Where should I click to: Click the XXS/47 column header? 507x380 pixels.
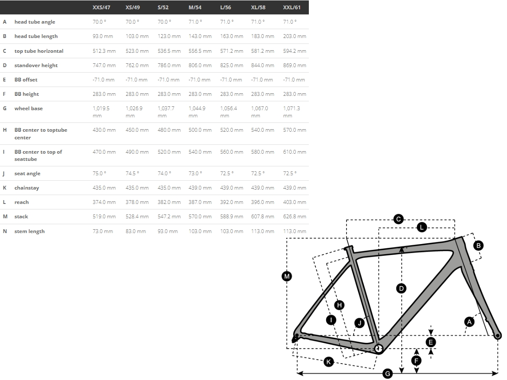(101, 7)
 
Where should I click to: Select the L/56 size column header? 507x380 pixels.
(226, 7)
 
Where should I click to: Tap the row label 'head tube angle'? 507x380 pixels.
(35, 22)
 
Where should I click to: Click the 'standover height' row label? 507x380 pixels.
(36, 65)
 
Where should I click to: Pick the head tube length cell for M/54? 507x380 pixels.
(200, 36)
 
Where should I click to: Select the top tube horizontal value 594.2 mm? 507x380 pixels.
(294, 51)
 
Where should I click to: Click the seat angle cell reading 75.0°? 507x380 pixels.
(99, 173)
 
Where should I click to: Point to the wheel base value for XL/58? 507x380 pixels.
(259, 112)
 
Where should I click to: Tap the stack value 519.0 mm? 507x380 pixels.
(104, 217)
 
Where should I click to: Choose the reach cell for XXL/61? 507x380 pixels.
(294, 202)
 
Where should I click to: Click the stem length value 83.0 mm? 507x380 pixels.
(136, 231)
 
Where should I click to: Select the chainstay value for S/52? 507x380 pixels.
(169, 188)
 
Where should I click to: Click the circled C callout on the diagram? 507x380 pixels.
(398, 219)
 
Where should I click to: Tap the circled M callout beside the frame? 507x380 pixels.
(287, 276)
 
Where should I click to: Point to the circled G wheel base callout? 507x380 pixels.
(387, 374)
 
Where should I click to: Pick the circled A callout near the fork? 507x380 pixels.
(469, 322)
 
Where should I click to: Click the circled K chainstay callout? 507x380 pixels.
(329, 361)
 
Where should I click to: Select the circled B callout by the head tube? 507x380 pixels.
(478, 245)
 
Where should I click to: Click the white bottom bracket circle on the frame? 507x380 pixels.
(378, 348)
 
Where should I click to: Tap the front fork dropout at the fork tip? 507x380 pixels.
(497, 336)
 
